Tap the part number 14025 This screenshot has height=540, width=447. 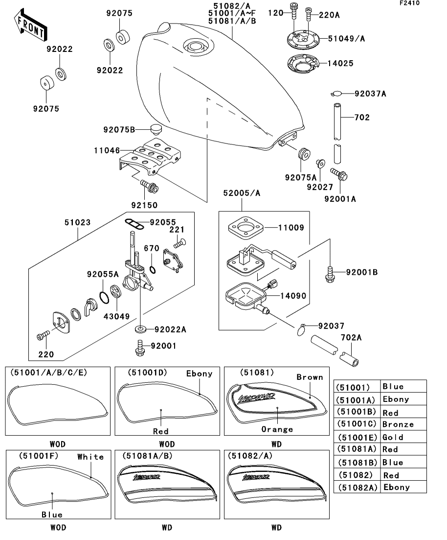tap(341, 64)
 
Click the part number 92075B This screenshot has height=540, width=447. tap(118, 130)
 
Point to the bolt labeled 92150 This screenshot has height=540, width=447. tap(146, 187)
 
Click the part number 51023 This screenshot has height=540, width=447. tap(77, 221)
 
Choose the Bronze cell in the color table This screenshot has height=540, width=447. tap(398, 424)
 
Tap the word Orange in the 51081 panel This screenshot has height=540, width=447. tap(277, 429)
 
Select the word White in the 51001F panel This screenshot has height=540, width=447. tap(90, 457)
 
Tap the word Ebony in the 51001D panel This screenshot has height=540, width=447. tap(199, 374)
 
